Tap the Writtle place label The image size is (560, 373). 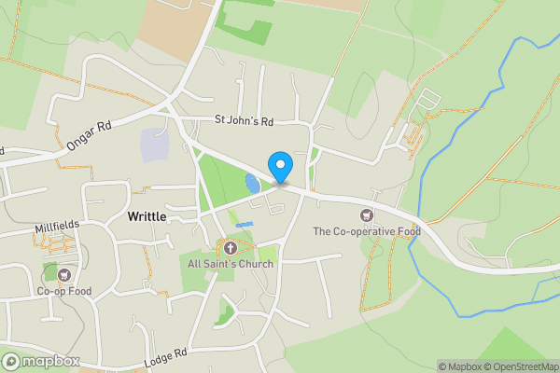(x=147, y=216)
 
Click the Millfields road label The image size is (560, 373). (x=55, y=226)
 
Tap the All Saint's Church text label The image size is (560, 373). (x=230, y=264)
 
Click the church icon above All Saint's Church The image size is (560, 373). (x=230, y=247)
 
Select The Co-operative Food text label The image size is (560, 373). (x=366, y=231)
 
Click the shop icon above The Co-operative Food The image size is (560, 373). (x=366, y=215)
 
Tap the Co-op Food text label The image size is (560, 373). (x=63, y=291)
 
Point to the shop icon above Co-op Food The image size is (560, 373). (x=63, y=275)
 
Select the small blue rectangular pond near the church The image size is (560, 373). (x=245, y=225)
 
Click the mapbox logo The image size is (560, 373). (x=42, y=361)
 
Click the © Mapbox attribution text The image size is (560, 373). (x=458, y=366)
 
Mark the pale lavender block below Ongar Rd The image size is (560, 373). (x=153, y=145)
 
